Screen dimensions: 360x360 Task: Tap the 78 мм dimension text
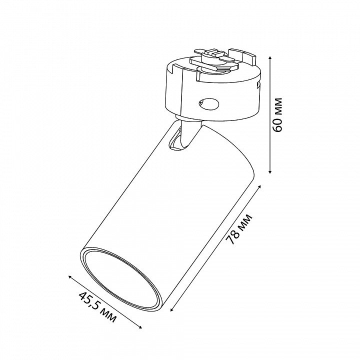(239, 229)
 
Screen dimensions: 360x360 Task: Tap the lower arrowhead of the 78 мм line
(172, 309)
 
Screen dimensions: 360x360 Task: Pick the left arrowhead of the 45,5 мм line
(70, 277)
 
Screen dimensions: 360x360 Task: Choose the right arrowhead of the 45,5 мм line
(140, 327)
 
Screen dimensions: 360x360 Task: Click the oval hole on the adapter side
(208, 104)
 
